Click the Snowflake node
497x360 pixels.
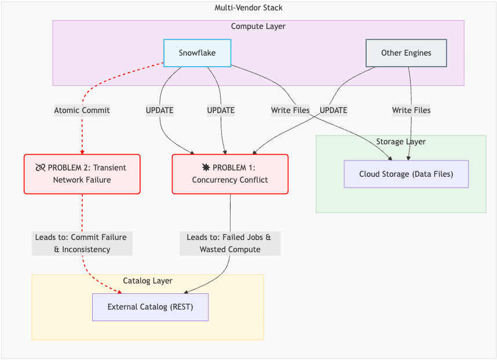pos(197,53)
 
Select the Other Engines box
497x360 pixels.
pos(406,53)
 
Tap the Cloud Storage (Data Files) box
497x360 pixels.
pos(405,174)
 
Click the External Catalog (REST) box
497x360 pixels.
pos(150,307)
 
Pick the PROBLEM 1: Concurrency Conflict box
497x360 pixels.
pos(230,174)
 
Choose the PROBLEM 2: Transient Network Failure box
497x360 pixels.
pos(82,174)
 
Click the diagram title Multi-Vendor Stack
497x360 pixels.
pos(248,8)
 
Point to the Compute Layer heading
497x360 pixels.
pos(258,26)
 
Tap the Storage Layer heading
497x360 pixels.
pos(400,141)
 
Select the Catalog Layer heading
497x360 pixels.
pos(147,281)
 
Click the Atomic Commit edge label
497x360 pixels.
pos(82,110)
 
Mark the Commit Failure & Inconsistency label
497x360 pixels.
pos(82,243)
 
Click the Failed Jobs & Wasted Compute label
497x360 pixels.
pos(230,243)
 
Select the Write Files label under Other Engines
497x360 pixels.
pos(411,110)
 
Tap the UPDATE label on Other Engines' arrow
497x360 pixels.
pos(333,110)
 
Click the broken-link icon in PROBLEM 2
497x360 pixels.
pos(40,168)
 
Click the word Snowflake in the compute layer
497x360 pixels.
pos(197,53)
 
